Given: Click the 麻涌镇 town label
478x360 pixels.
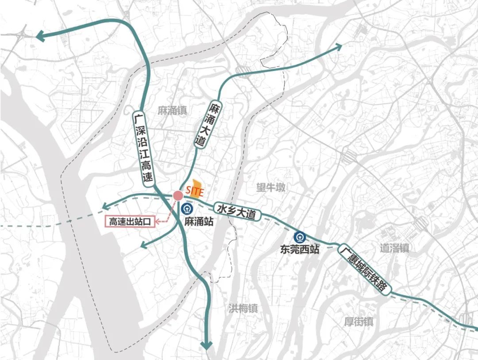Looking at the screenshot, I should (x=172, y=111).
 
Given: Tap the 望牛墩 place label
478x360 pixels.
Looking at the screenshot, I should (x=271, y=188).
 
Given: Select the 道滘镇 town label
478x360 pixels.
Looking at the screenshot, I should (x=394, y=248).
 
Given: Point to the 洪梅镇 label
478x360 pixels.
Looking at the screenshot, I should (x=243, y=309).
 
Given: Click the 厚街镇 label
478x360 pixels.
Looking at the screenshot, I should (x=358, y=322).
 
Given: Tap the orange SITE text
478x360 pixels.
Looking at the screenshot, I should (x=195, y=192).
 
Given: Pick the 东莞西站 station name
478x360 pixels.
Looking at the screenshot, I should (x=300, y=249).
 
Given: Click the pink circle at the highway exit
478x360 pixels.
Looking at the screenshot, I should (x=178, y=195).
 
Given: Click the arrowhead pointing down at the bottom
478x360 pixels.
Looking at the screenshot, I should (x=206, y=345).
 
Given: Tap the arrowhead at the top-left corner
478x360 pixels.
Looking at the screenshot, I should (x=41, y=36).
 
